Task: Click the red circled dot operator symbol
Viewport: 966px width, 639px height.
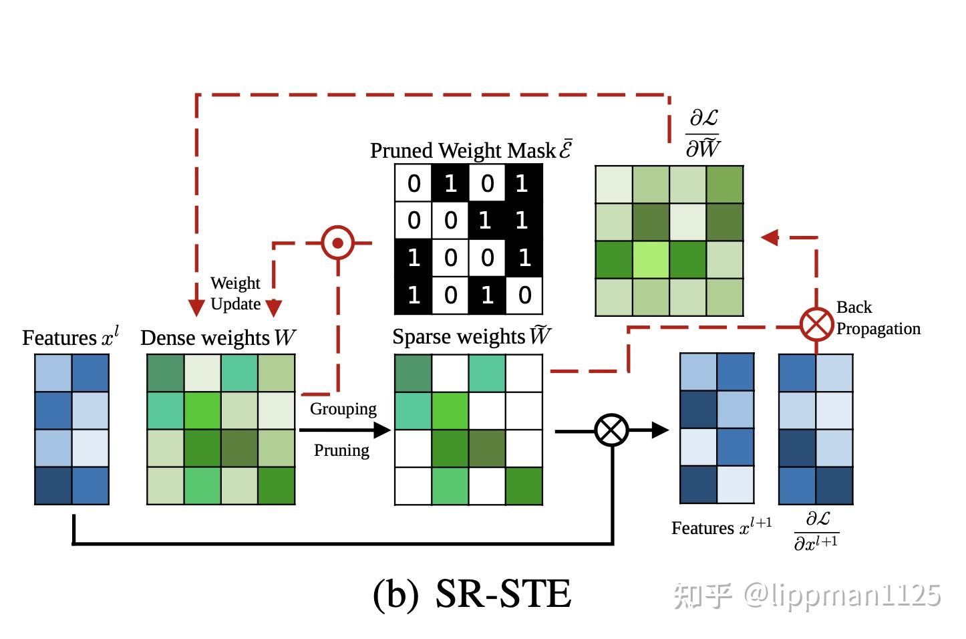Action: click(x=337, y=243)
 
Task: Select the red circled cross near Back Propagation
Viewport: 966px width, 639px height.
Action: click(x=816, y=325)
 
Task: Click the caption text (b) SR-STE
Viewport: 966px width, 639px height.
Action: click(x=472, y=594)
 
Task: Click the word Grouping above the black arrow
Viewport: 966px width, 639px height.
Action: click(x=343, y=408)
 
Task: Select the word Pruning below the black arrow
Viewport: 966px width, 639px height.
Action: click(x=341, y=450)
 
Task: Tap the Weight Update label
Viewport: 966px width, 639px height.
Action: click(x=235, y=293)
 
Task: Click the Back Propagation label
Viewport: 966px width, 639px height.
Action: click(x=877, y=318)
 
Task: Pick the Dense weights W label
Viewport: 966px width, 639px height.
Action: click(x=218, y=338)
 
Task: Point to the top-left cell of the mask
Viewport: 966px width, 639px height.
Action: click(x=414, y=183)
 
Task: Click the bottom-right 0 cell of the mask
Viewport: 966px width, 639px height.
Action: click(x=524, y=295)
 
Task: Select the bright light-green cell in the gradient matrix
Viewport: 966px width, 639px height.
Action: click(x=651, y=259)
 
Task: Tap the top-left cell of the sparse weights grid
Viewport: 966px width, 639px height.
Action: click(x=414, y=373)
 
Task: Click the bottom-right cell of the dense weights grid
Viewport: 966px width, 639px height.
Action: click(x=276, y=485)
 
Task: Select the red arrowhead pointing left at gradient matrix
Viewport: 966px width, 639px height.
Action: click(x=770, y=237)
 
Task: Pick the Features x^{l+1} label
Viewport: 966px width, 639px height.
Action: click(x=721, y=527)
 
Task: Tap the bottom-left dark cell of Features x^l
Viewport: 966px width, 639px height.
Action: click(x=53, y=485)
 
